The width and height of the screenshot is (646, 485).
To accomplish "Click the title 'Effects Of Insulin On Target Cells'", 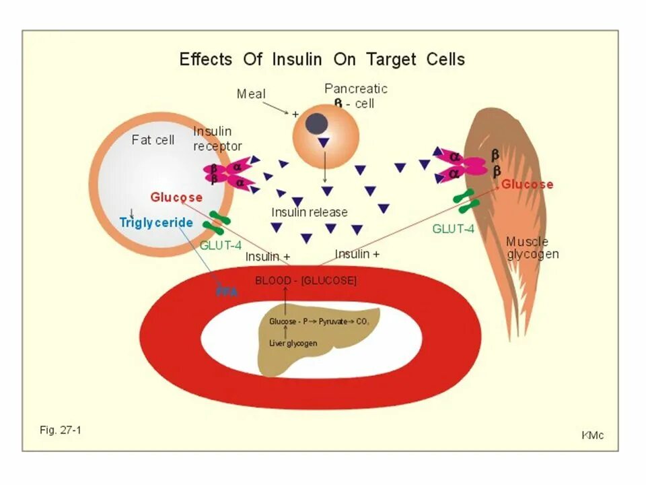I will [322, 59].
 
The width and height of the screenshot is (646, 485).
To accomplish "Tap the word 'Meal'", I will [251, 94].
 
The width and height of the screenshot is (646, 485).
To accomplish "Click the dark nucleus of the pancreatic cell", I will [317, 123].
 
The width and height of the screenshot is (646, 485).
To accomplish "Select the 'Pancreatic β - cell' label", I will [355, 96].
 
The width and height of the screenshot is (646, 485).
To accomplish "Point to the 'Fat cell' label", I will [153, 140].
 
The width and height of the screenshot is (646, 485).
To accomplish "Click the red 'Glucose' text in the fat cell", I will [176, 197].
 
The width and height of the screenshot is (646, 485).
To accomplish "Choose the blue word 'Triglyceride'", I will [156, 222].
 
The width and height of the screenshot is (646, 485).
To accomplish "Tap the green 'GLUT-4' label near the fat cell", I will [221, 245].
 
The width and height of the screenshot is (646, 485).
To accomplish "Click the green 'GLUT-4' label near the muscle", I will [453, 228].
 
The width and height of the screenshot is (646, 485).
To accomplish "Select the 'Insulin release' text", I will [310, 212].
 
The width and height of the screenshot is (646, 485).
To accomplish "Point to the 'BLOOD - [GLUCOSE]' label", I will [306, 280].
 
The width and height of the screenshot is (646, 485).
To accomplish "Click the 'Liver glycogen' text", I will [293, 343].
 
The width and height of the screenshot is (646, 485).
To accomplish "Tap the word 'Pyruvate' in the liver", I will [333, 322].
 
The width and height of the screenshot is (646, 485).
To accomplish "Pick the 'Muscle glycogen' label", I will [532, 248].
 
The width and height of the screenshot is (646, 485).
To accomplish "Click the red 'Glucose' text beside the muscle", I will [528, 185].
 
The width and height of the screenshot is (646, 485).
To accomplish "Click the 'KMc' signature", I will [592, 435].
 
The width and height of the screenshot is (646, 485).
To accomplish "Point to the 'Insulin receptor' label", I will [217, 139].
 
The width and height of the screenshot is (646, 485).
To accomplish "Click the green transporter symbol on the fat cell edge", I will [219, 222].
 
